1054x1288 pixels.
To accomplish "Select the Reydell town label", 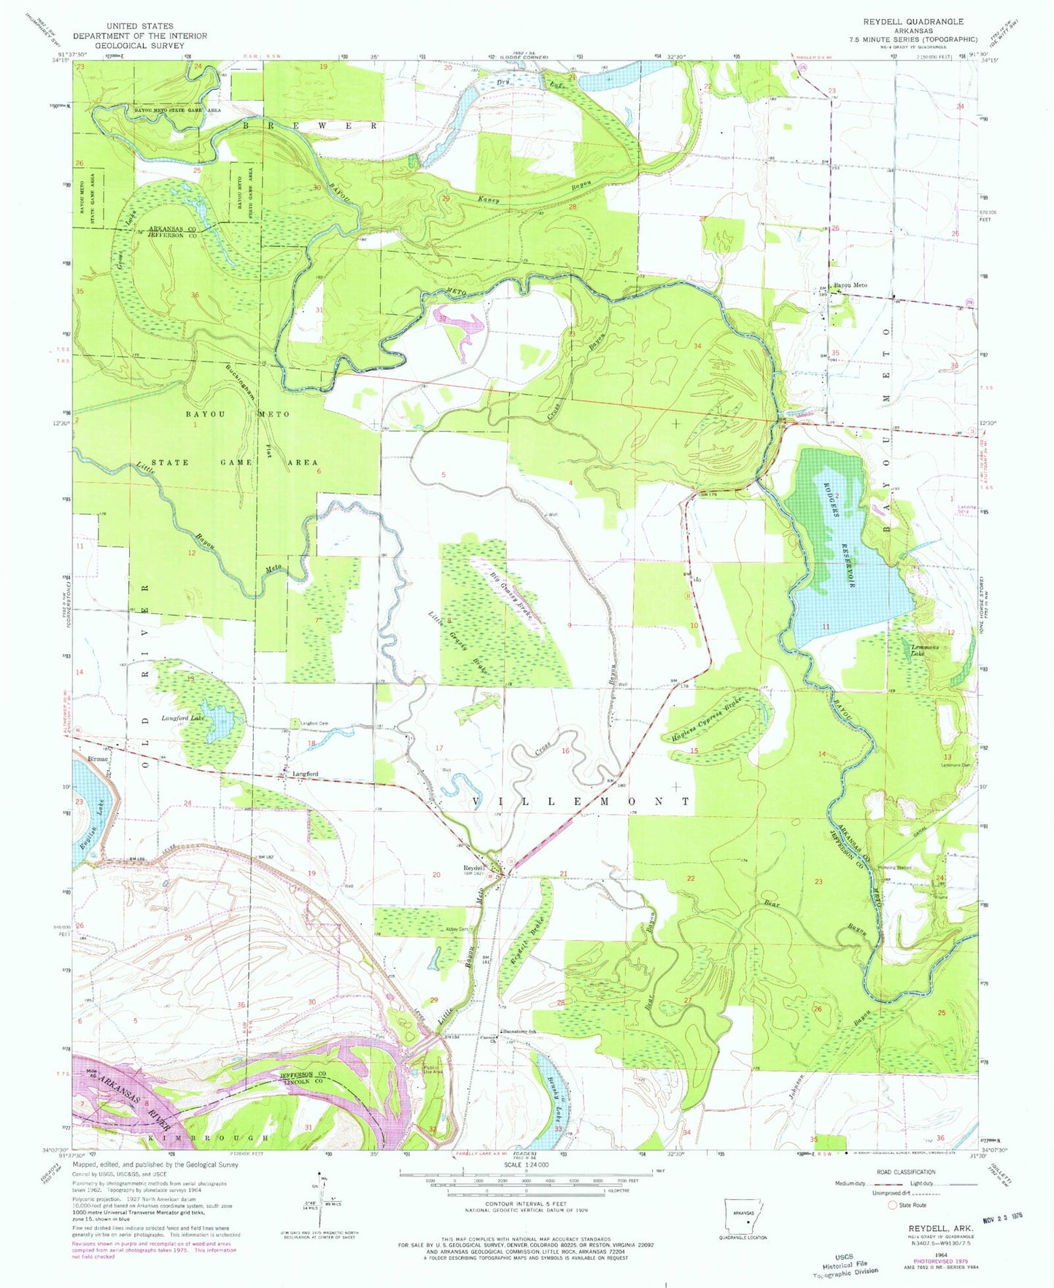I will click(x=475, y=868).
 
